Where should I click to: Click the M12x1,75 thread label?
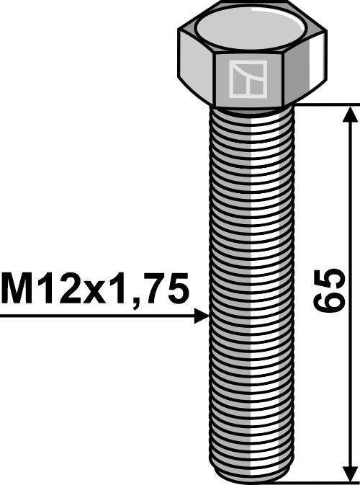95,290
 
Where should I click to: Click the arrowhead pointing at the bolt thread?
201,316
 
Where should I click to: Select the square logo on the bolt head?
247,79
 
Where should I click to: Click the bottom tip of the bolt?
251,477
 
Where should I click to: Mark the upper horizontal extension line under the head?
324,104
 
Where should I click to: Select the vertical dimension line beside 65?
350,216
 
